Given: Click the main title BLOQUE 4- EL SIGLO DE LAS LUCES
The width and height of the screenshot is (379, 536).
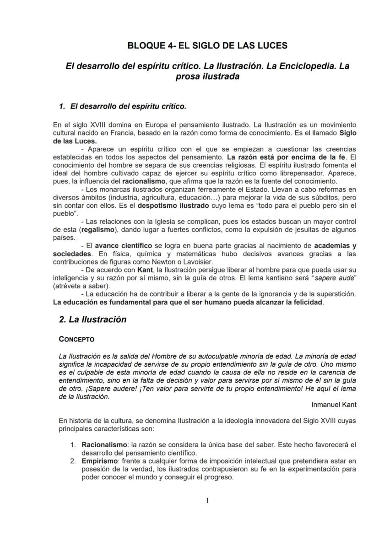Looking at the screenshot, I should (207, 45).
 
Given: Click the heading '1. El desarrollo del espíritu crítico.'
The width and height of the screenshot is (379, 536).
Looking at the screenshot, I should (123, 106).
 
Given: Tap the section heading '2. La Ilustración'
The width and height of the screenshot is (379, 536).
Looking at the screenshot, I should (92, 319).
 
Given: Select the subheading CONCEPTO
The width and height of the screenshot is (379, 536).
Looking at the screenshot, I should (76, 339).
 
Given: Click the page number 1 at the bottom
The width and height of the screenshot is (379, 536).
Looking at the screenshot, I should (207, 500).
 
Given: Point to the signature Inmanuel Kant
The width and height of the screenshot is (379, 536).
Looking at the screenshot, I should (334, 404).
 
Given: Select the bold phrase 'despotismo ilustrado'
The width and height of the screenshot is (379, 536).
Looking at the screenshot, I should (163, 206).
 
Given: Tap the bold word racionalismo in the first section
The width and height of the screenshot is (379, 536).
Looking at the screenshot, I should (146, 182).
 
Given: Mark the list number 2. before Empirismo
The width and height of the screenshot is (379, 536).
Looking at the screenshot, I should (73, 461).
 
